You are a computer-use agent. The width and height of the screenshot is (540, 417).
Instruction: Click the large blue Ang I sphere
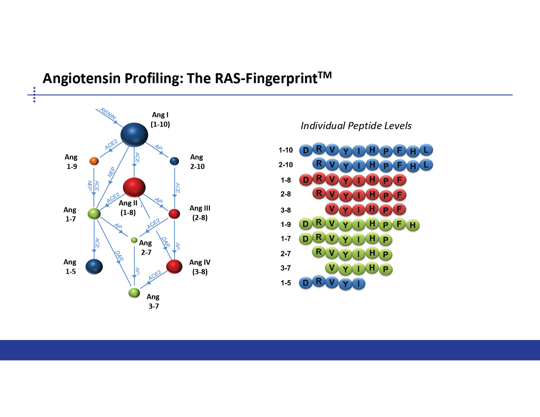click(134, 135)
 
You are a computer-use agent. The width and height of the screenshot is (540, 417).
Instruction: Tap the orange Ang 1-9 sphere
click(94, 161)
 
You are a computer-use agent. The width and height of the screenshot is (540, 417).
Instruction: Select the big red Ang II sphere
click(134, 187)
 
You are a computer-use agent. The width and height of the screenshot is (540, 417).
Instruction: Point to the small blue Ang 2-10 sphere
click(174, 161)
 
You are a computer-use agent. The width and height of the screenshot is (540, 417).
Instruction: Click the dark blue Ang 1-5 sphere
click(94, 267)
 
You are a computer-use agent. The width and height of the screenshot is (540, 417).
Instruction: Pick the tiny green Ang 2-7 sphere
click(134, 240)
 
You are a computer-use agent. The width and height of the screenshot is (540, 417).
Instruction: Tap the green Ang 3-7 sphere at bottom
click(134, 293)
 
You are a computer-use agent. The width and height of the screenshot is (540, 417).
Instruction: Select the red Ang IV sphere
click(174, 267)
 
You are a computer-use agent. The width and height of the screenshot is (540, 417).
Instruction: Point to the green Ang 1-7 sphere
click(94, 214)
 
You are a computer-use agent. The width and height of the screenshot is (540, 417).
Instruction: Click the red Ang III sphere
click(174, 214)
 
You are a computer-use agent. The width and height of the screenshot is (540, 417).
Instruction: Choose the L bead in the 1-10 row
click(426, 150)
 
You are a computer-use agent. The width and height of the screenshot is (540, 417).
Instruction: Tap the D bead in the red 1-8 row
click(306, 180)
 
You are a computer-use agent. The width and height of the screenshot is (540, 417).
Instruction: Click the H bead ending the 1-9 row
click(413, 225)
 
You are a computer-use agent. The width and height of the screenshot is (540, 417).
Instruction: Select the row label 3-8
click(286, 210)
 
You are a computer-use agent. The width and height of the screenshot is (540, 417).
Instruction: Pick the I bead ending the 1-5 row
click(359, 283)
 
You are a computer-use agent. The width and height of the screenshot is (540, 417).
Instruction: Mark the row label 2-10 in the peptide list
click(286, 165)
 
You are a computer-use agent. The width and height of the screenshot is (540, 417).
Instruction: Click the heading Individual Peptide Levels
click(356, 126)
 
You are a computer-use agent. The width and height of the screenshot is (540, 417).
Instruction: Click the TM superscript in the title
click(325, 75)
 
